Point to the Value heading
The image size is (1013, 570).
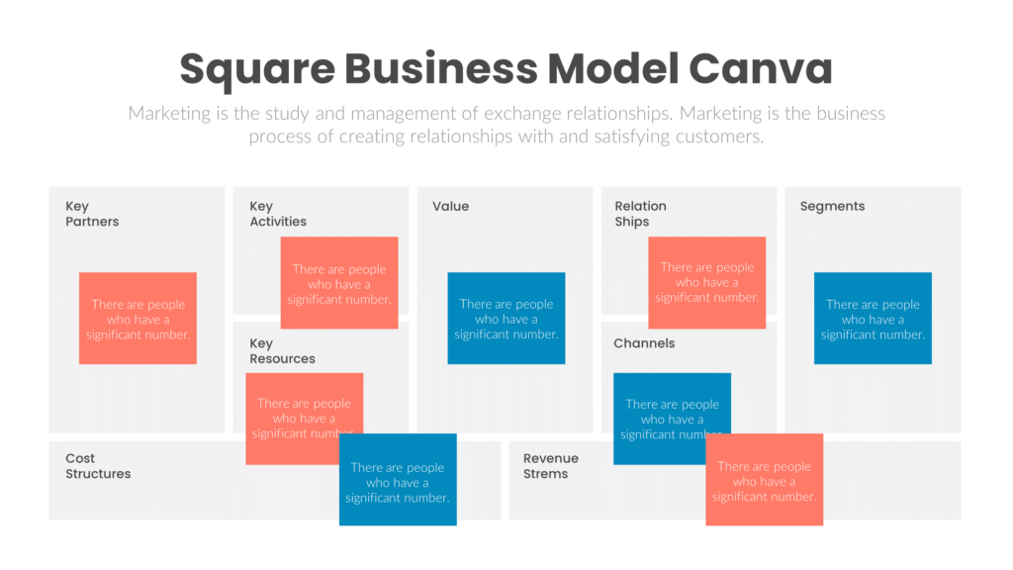pos(450,207)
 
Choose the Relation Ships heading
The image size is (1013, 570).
pos(640,214)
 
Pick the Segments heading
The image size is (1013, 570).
pos(832,207)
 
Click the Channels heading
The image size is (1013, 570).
pos(644,343)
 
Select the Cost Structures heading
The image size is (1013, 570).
pos(98,466)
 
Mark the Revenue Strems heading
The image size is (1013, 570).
pos(551,466)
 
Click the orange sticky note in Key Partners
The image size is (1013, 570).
pos(138,319)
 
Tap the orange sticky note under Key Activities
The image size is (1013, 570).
pos(339,283)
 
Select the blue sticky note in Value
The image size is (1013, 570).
pos(506,319)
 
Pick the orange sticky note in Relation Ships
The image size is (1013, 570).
pos(706,282)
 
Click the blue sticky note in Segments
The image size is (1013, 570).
pos(873,319)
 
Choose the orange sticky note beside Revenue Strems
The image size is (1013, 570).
pos(765,480)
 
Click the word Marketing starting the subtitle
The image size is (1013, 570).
pos(168,114)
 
